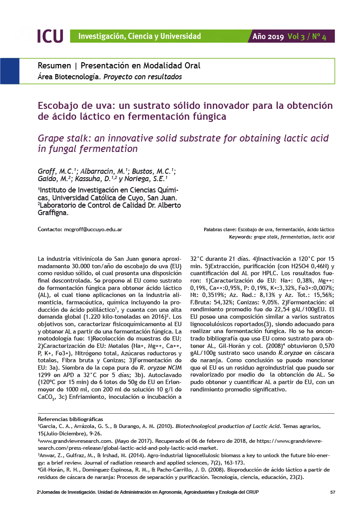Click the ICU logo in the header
coord(50,36)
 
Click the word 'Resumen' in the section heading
coord(54,66)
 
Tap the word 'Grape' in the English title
coord(52,138)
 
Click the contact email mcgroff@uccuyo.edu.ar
coord(93,229)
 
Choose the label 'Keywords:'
coord(241,237)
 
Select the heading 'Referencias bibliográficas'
coord(71,419)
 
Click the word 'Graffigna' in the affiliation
coord(52,213)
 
